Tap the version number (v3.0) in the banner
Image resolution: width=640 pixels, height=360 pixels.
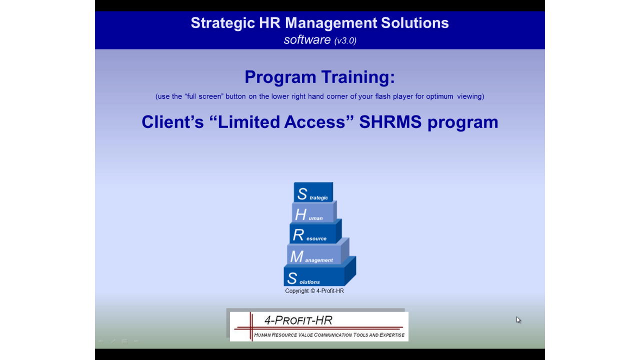click(345, 40)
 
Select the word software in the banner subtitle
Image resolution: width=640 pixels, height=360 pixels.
click(307, 39)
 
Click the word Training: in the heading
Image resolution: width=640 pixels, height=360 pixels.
click(358, 77)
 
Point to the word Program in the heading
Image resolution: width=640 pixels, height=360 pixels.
click(280, 77)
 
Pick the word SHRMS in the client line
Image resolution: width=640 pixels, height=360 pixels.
click(390, 122)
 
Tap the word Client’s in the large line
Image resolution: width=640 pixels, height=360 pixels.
click(172, 122)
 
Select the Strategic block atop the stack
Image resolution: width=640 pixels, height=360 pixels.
click(313, 192)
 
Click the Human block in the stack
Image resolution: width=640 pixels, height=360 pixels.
click(314, 212)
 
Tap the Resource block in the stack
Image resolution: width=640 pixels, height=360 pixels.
click(315, 232)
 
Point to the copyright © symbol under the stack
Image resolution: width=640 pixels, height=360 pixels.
click(312, 291)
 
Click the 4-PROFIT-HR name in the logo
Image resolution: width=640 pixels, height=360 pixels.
click(298, 320)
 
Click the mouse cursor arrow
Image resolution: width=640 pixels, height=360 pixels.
click(518, 320)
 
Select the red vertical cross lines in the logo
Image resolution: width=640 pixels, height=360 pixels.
click(251, 326)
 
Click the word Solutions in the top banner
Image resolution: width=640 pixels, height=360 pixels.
click(415, 23)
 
